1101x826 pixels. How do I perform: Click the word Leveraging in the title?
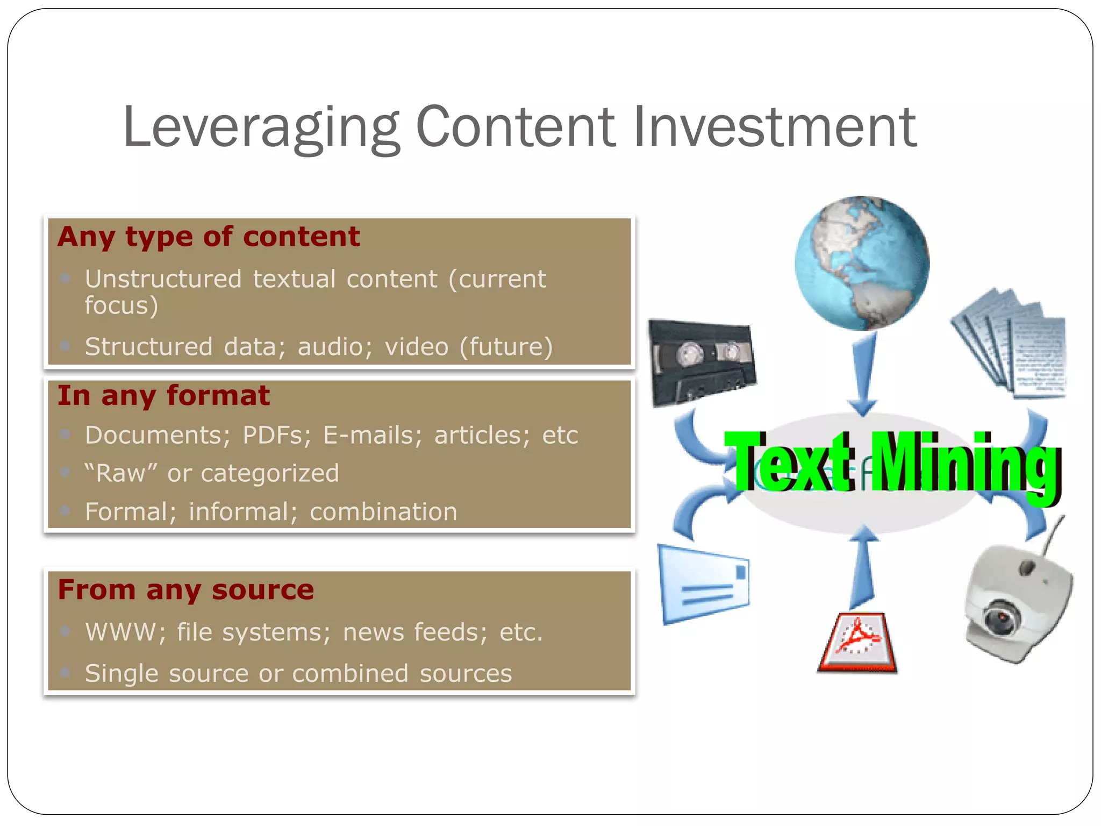coord(261,128)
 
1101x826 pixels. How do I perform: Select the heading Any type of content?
coord(209,237)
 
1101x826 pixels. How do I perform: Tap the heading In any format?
coord(163,396)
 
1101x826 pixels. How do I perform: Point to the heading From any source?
coord(185,589)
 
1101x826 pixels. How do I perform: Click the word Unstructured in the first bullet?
coord(163,279)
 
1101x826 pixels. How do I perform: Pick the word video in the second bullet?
coord(416,347)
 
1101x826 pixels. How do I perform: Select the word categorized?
coord(270,474)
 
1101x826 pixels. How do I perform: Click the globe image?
coord(862,263)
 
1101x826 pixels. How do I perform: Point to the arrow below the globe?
coord(863,374)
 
